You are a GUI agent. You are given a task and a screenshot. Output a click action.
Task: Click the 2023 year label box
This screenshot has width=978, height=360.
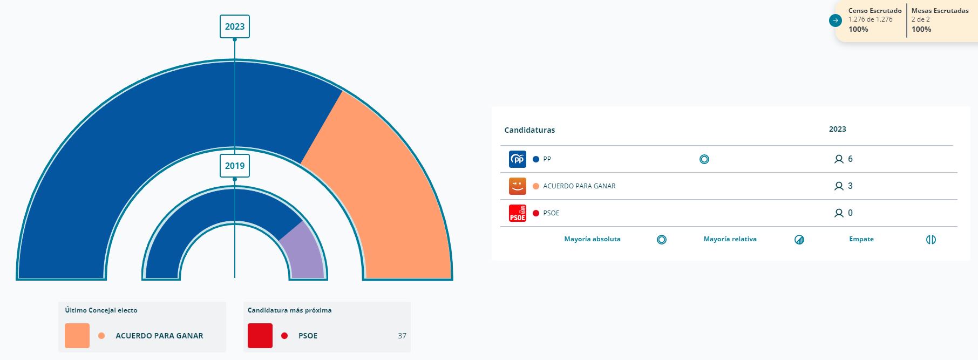pyautogui.click(x=235, y=26)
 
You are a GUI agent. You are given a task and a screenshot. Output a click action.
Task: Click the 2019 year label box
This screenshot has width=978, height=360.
pyautogui.click(x=235, y=166)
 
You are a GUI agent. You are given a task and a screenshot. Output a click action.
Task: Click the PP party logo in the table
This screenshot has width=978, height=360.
pyautogui.click(x=517, y=159)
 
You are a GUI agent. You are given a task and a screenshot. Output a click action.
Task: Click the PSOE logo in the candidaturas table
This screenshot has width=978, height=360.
pyautogui.click(x=517, y=213)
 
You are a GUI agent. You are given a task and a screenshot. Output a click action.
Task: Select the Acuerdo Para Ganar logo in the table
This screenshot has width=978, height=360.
pyautogui.click(x=517, y=186)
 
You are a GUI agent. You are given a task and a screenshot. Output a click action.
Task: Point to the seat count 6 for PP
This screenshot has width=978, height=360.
pyautogui.click(x=850, y=159)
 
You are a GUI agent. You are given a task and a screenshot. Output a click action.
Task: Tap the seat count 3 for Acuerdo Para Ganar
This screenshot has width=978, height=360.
pyautogui.click(x=850, y=186)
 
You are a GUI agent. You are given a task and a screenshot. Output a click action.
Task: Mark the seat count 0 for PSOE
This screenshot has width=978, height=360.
pyautogui.click(x=850, y=213)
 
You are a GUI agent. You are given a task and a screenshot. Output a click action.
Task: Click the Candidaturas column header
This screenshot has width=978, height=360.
pyautogui.click(x=529, y=130)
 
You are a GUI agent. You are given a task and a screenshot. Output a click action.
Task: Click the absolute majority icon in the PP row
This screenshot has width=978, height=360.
pyautogui.click(x=704, y=159)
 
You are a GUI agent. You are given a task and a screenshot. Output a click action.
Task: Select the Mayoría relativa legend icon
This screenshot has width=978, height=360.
pyautogui.click(x=799, y=240)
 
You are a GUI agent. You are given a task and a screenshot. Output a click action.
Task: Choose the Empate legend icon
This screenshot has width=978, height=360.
pyautogui.click(x=931, y=240)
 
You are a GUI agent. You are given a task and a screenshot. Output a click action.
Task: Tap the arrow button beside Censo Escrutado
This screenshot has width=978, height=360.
pyautogui.click(x=836, y=21)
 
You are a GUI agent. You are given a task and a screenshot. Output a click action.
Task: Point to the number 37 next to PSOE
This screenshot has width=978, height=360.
pyautogui.click(x=402, y=336)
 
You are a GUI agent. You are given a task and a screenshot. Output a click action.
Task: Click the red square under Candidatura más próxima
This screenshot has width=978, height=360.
pyautogui.click(x=260, y=336)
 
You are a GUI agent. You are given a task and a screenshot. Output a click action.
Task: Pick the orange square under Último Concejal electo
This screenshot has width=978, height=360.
pyautogui.click(x=77, y=336)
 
